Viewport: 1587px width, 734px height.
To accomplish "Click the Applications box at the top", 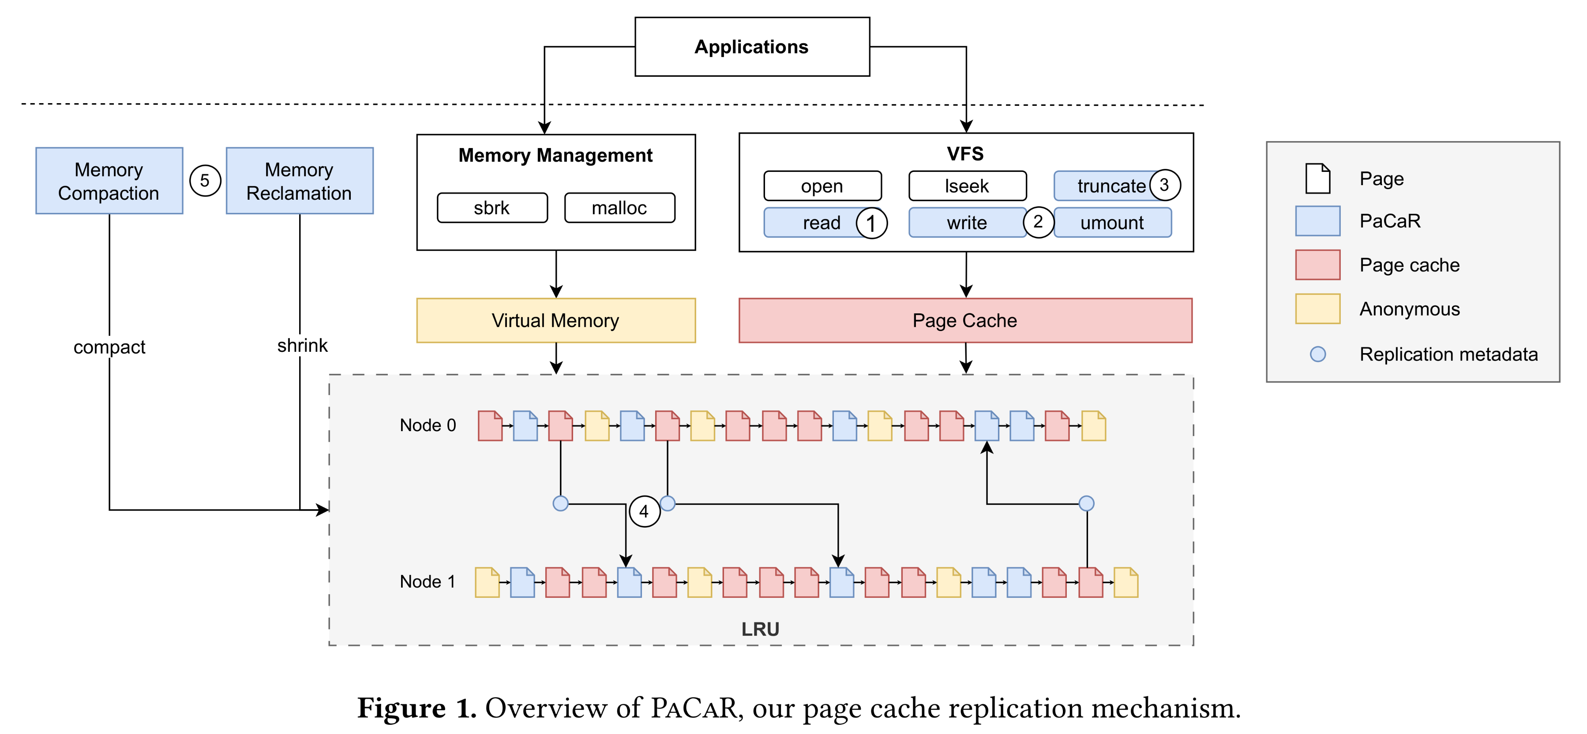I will click(752, 47).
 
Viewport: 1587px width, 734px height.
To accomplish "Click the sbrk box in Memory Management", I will click(491, 208).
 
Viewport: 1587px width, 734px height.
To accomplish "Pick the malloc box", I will click(619, 208).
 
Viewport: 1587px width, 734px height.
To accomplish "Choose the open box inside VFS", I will click(822, 186).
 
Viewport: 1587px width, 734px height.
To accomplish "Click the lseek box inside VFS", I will click(967, 186).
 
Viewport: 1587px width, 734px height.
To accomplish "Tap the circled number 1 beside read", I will click(871, 223).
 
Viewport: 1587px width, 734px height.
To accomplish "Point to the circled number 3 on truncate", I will click(1164, 185).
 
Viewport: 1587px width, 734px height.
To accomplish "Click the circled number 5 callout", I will click(205, 180).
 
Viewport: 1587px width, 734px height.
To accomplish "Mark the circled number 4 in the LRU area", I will click(644, 511).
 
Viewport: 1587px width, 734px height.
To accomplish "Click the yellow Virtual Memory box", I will click(556, 320).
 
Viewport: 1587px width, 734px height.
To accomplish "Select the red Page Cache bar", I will click(965, 320).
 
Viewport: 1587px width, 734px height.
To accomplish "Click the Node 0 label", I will click(428, 425).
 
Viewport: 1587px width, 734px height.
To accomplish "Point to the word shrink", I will click(302, 346).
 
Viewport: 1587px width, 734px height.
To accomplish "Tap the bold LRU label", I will click(760, 629).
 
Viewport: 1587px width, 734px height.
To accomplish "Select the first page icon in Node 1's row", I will click(487, 582).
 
